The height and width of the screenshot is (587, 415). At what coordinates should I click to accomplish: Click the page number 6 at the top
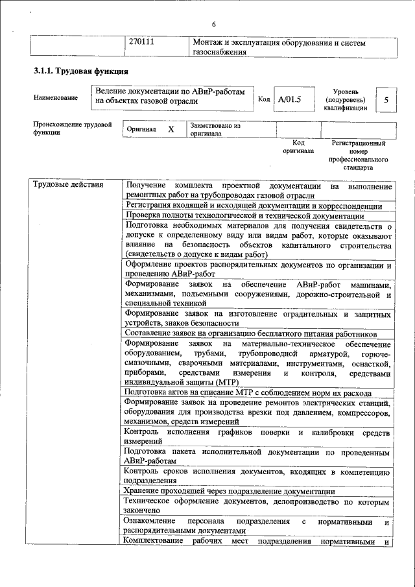(x=213, y=7)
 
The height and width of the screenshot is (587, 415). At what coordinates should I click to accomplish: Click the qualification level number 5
(x=386, y=100)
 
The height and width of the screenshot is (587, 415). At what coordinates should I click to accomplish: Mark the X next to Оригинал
(x=171, y=129)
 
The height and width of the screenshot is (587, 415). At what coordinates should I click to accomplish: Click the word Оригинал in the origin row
(x=141, y=129)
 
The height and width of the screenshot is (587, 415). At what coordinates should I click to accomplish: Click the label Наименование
(x=56, y=98)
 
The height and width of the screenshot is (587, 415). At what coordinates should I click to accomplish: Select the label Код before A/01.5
(x=263, y=100)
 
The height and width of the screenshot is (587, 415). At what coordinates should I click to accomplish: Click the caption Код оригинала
(x=298, y=146)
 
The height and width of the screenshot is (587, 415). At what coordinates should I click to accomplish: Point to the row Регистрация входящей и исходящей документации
(x=254, y=206)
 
